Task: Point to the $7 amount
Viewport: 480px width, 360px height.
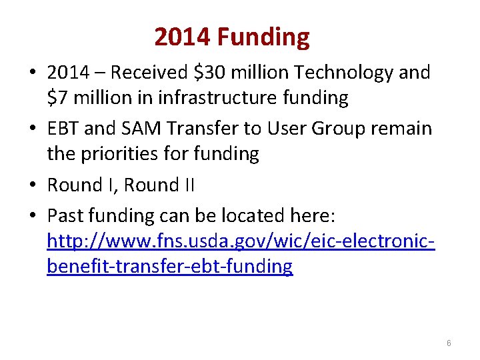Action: point(58,98)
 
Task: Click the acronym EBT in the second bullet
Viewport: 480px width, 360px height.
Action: point(63,127)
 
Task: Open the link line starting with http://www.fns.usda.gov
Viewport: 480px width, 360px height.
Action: point(241,241)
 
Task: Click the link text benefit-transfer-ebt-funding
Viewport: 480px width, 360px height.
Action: point(170,267)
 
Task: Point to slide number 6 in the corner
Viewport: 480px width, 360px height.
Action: point(449,343)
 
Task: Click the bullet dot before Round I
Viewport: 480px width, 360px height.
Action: point(33,185)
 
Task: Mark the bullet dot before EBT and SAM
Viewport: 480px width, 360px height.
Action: point(33,128)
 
